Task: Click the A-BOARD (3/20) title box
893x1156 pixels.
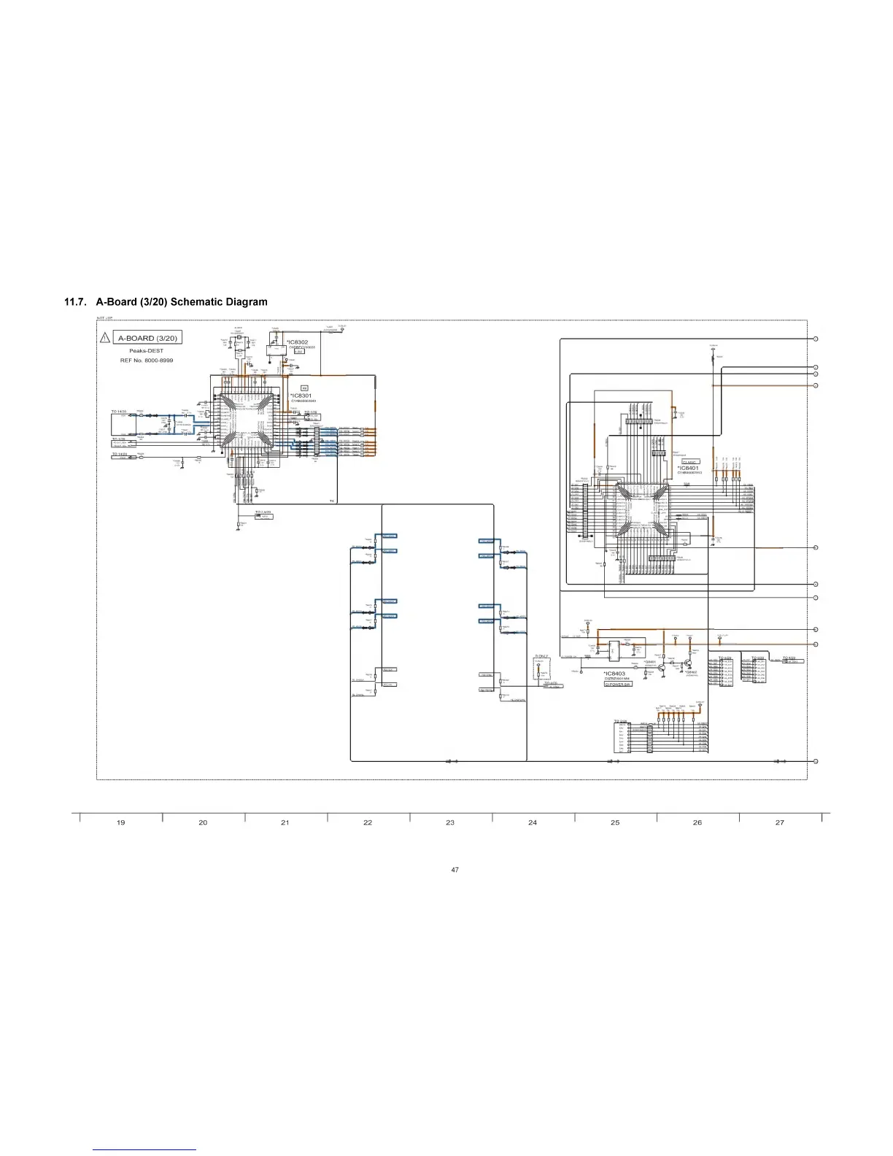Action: pos(147,338)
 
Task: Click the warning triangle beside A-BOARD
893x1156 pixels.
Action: pos(105,338)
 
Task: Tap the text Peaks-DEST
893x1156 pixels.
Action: pos(146,351)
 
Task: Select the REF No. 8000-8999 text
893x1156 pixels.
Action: pos(147,361)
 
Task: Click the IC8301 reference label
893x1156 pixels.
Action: pos(301,396)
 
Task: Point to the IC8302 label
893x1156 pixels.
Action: pos(298,342)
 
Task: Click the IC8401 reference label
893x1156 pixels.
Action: pos(688,468)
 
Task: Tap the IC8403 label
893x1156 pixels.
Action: pos(614,674)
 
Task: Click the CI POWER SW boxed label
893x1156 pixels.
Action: pos(617,685)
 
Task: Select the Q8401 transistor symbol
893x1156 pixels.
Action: pos(662,666)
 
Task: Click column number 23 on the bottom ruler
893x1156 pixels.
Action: pos(450,822)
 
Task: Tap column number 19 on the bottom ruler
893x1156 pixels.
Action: pos(120,822)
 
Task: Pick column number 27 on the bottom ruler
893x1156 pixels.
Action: pos(780,822)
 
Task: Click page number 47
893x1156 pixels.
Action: pos(455,869)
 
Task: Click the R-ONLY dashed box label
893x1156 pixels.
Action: pos(541,656)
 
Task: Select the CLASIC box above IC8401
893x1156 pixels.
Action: pos(690,461)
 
